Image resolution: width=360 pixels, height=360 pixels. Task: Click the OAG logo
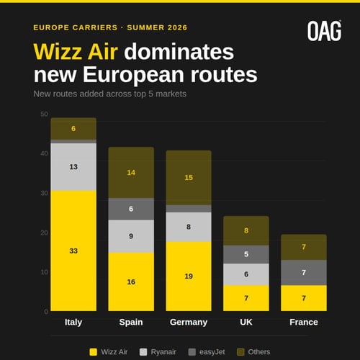click(323, 30)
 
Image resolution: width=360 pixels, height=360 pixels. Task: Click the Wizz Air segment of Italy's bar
click(73, 251)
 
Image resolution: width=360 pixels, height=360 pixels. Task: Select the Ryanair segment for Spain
click(131, 236)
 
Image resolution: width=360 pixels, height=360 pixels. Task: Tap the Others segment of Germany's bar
click(189, 177)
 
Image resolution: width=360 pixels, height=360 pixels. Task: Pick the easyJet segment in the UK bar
click(246, 254)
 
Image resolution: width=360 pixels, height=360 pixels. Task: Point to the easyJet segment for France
click(304, 272)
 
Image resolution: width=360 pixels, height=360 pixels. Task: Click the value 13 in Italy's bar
click(73, 167)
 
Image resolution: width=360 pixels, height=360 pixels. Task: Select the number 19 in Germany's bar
click(189, 276)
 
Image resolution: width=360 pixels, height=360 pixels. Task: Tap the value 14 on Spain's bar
click(131, 173)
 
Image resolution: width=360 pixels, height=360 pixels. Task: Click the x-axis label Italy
click(73, 322)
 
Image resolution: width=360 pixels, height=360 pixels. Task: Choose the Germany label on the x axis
click(189, 322)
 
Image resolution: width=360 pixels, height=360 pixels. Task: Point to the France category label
click(304, 322)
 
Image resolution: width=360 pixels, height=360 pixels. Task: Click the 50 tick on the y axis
click(44, 114)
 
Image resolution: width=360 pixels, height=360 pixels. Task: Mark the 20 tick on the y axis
click(44, 233)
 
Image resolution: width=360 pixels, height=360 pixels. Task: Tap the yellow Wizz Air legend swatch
click(93, 351)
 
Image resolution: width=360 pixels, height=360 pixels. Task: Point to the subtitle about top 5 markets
click(109, 94)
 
